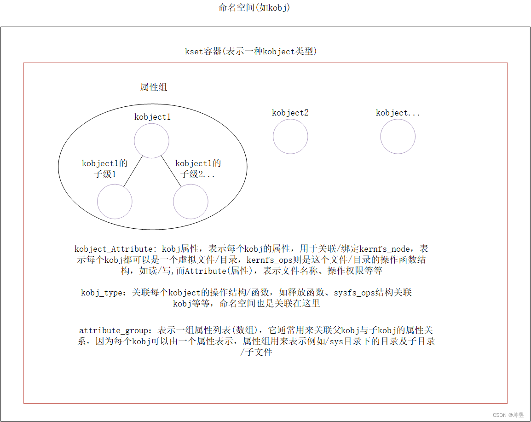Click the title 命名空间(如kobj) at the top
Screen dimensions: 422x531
[254, 8]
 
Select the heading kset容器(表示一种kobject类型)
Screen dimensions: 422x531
[251, 51]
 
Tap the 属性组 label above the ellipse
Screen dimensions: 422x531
[154, 87]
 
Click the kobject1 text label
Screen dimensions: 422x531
[152, 117]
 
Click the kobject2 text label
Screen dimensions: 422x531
[290, 113]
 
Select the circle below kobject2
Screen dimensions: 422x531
[290, 136]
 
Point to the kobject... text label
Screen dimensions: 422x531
[398, 113]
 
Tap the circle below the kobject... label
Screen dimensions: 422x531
[398, 136]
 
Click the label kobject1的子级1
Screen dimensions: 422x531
[105, 168]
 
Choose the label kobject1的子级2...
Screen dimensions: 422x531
[198, 168]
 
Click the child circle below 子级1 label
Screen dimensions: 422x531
[115, 202]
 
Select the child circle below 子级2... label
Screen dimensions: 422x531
[190, 202]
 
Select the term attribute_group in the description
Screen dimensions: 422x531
[114, 330]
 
